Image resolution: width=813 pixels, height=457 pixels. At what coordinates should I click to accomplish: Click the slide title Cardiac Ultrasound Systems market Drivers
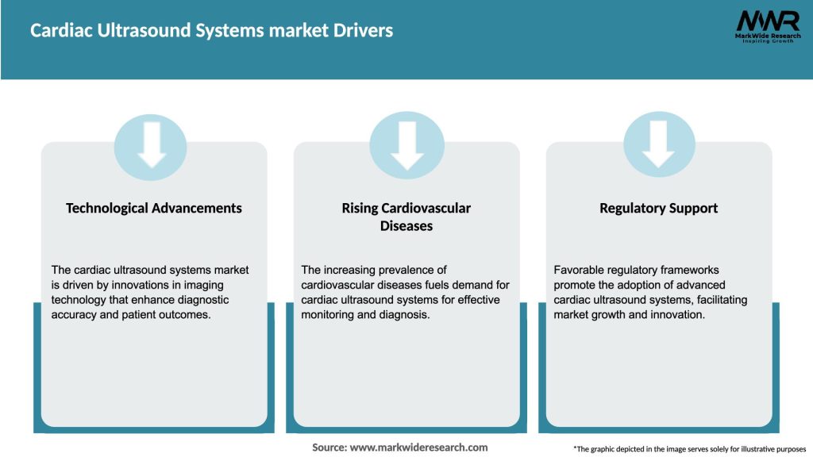[x=211, y=31]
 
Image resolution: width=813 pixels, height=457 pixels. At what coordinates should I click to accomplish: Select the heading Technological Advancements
[x=154, y=208]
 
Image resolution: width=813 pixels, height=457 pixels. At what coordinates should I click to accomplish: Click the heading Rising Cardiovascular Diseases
[x=406, y=217]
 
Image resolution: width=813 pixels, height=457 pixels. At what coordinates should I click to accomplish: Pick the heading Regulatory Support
[x=658, y=208]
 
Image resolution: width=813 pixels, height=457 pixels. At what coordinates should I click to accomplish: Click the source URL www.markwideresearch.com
[x=418, y=447]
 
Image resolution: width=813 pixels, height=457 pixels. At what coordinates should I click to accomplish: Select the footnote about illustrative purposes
[x=689, y=449]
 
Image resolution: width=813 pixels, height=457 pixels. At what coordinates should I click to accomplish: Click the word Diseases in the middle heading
[x=406, y=226]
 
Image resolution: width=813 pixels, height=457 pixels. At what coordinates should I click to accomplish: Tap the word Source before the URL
[x=329, y=447]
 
